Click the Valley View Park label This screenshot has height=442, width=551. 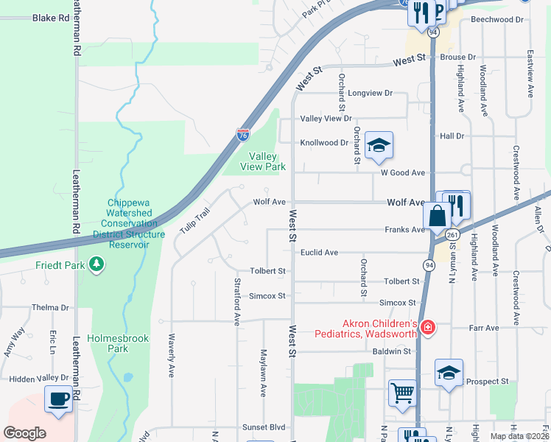pos(262,161)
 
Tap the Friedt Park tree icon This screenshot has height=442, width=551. pos(96,264)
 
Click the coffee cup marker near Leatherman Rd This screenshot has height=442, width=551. pos(59,399)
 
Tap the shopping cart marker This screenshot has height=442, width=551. pos(403,393)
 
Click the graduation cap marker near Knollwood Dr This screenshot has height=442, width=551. pos(379,145)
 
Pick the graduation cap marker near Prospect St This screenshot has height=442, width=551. pos(449,373)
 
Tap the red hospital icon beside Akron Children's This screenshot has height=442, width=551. pos(427,328)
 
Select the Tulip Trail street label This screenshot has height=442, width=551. pos(195,221)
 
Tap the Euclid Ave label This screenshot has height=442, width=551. pos(319,253)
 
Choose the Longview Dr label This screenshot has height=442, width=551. pos(371,94)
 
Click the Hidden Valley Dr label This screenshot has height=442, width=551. pos(39,378)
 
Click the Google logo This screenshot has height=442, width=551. pos(24,433)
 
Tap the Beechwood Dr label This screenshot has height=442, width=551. pos(500,19)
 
